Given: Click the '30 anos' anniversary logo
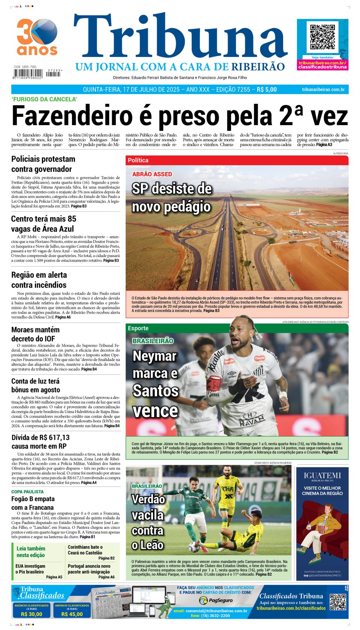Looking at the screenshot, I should [37, 37].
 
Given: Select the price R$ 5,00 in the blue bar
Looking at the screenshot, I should [267, 90].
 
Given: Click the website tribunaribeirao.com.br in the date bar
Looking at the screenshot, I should [323, 90].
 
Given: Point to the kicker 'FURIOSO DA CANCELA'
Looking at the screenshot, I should [44, 99].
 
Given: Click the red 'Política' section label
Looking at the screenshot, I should [138, 160].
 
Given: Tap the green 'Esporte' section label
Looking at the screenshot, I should [138, 328].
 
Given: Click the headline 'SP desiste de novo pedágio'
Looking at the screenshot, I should [171, 198].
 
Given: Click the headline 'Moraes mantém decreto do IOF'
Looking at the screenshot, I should [35, 334].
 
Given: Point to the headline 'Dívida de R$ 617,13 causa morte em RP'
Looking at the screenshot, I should [40, 442].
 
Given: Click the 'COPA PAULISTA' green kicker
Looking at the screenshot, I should [27, 492].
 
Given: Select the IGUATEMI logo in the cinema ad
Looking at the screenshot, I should [322, 476].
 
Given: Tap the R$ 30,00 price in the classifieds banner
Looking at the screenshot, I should [31, 614].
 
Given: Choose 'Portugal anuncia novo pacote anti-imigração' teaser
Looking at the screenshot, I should [89, 569].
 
